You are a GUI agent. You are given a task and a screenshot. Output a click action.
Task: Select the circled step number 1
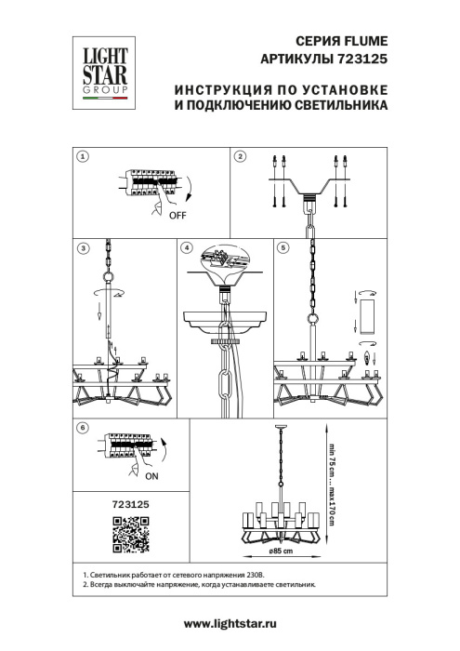[x=83, y=157]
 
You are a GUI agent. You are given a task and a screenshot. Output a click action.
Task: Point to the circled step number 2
[x=241, y=157]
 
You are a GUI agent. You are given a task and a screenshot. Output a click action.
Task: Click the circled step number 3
[x=83, y=247]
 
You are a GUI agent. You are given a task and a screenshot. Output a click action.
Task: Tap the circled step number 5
[x=283, y=247]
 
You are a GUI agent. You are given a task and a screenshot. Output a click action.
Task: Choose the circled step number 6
[x=83, y=427]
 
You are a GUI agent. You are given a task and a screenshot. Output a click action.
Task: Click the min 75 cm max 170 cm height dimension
[x=329, y=484]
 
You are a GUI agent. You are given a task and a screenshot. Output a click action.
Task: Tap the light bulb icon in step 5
[x=363, y=357]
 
